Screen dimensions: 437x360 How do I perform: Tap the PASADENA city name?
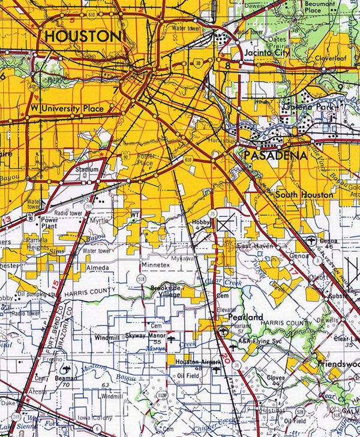tap(275, 155)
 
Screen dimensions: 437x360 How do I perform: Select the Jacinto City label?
tap(267, 53)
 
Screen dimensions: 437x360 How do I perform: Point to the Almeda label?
tap(97, 267)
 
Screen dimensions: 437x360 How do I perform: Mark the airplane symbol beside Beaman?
tap(65, 368)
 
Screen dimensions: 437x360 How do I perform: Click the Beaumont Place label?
tap(320, 7)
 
